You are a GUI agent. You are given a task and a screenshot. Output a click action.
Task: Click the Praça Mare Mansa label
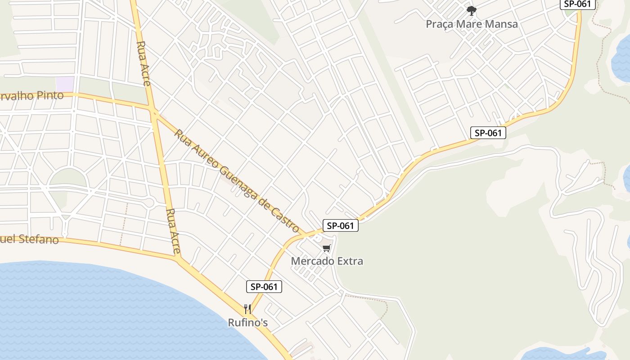coord(472,24)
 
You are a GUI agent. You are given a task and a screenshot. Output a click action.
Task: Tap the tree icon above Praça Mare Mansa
coord(471,10)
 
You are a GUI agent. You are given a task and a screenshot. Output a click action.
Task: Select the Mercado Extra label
coord(327,261)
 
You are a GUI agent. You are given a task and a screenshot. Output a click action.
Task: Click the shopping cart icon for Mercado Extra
coord(327,248)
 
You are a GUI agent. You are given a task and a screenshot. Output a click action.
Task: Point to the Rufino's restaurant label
coord(247,323)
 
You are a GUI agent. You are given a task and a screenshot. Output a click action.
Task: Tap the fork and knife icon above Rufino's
coord(247,309)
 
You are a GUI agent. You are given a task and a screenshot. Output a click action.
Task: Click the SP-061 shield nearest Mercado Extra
coord(341,225)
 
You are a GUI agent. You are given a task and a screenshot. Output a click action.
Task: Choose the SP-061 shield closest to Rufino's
coord(264,287)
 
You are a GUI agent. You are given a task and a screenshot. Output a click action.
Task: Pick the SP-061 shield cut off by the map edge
coord(577,4)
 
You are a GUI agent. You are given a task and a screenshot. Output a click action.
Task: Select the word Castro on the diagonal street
coord(287,221)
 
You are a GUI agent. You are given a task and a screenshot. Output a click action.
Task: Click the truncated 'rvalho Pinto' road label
coord(31,96)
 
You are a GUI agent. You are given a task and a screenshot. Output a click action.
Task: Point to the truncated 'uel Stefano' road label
coord(29,239)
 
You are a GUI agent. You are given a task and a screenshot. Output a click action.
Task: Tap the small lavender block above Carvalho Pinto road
coord(65,84)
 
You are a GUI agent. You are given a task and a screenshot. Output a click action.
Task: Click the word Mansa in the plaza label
coord(501,24)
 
